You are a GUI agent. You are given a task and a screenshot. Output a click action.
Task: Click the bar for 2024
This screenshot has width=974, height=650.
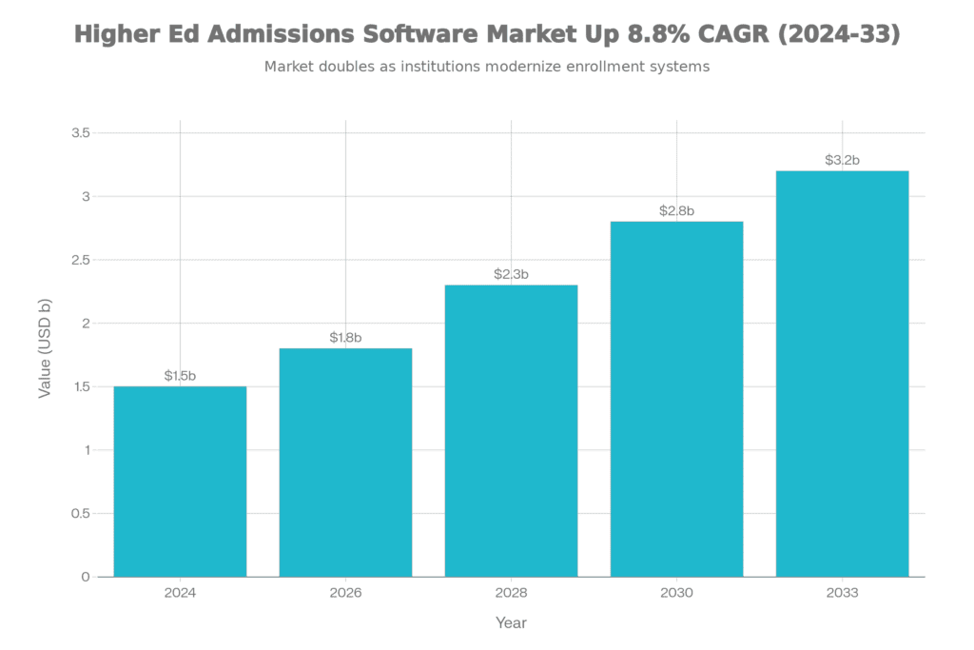tap(180, 481)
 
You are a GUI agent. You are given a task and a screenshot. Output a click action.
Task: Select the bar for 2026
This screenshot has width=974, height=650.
tap(345, 462)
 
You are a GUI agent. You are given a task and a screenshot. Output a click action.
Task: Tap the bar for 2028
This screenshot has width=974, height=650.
tap(511, 430)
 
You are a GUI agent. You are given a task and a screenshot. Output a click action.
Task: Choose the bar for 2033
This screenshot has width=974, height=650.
tap(842, 373)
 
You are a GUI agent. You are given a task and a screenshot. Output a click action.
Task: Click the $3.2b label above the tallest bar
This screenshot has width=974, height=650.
tap(842, 161)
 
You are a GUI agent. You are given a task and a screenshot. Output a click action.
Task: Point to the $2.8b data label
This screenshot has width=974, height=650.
tap(676, 211)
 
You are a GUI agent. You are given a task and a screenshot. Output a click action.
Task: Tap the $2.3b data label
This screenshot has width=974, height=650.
tap(511, 275)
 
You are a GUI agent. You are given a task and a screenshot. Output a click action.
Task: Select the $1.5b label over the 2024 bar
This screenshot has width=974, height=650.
tap(180, 376)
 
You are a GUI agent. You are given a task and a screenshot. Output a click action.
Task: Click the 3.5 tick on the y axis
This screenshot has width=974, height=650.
tap(81, 133)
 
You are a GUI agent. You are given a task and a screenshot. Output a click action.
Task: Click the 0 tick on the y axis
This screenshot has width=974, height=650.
tap(86, 577)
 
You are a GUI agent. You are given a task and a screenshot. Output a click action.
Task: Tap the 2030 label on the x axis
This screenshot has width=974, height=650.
tap(676, 593)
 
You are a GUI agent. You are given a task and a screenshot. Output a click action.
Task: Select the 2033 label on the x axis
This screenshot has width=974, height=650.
tap(842, 593)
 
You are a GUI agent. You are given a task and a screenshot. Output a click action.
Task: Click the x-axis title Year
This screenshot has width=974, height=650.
tap(511, 623)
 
